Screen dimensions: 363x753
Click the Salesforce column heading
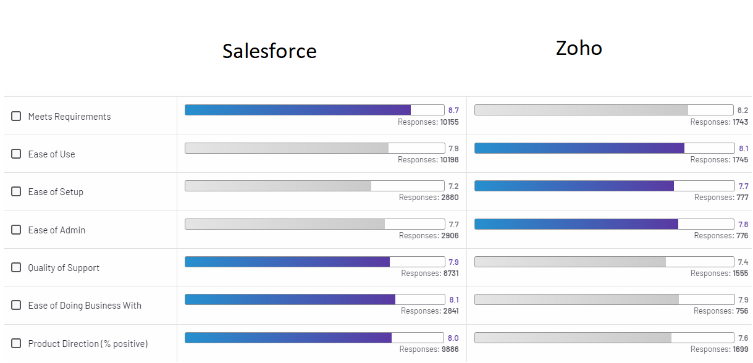coord(269,51)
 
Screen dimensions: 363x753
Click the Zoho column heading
coord(579,48)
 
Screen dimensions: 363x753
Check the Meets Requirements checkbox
coord(16,116)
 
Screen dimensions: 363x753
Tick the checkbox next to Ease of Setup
coord(16,191)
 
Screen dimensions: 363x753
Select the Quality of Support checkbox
coord(16,267)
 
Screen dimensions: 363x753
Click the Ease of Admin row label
coord(57,230)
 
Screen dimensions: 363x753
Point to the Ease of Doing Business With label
coord(85,306)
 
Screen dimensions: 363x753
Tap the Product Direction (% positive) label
coord(88,344)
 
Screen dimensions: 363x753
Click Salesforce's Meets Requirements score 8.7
coord(453,111)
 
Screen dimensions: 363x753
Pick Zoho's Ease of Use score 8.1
coord(743,148)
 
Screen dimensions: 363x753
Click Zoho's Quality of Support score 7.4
coord(743,262)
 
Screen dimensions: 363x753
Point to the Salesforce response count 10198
coord(449,160)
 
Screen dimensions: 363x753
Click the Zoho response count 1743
coord(739,122)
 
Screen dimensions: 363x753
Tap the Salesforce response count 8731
coord(450,273)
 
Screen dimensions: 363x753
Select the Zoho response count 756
coord(741,311)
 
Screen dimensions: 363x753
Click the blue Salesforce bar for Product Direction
coord(288,338)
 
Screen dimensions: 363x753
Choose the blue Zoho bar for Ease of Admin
coord(576,224)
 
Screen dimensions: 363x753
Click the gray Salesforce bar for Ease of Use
coord(287,148)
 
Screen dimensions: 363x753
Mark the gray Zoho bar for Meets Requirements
coord(581,110)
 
